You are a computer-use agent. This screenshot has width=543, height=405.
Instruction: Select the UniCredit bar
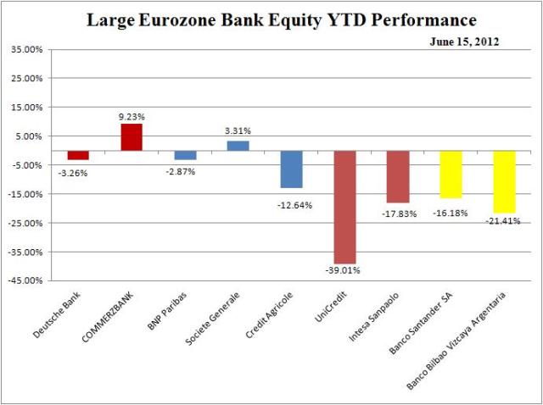point(344,207)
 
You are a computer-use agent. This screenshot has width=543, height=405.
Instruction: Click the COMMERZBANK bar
point(132,137)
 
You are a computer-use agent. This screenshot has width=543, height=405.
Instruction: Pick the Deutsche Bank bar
point(79,155)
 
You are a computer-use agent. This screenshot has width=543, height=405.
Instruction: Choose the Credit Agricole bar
point(292,169)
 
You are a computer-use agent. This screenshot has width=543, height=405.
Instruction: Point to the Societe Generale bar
point(238,146)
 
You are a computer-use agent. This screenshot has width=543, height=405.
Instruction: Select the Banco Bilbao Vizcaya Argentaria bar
point(504,181)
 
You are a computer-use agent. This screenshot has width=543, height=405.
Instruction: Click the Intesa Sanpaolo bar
point(397,176)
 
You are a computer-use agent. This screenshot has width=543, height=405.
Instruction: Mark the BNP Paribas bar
point(185,155)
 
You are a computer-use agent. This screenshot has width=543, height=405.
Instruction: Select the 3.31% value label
point(238,131)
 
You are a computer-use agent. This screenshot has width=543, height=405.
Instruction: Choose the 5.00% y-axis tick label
point(28,136)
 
